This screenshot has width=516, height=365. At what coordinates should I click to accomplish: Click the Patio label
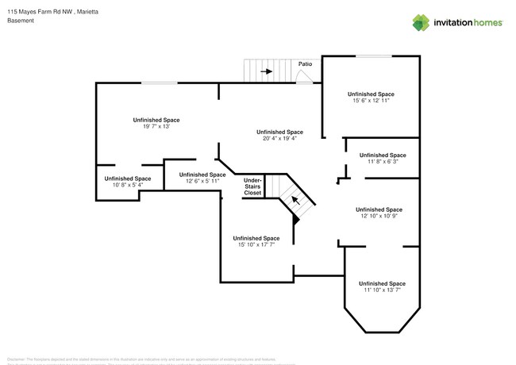pos(305,63)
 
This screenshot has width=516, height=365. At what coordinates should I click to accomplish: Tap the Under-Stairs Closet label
pos(252,186)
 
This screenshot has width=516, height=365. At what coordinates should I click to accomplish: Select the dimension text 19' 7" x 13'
pos(156,126)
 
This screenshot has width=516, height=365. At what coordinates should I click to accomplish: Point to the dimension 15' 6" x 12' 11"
pos(372,101)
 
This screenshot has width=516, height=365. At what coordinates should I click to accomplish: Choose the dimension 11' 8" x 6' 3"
pos(383,161)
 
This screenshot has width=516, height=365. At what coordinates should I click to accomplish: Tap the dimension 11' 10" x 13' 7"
pos(382,290)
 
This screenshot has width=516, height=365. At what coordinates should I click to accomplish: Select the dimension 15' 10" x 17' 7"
pos(256,245)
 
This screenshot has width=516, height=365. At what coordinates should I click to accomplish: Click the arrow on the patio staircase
pos(266,71)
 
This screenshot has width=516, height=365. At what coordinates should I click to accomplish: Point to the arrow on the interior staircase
pos(295,200)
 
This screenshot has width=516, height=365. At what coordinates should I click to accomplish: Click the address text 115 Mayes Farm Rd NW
pos(39,11)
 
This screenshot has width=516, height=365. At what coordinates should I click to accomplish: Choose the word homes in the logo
pos(486,23)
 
